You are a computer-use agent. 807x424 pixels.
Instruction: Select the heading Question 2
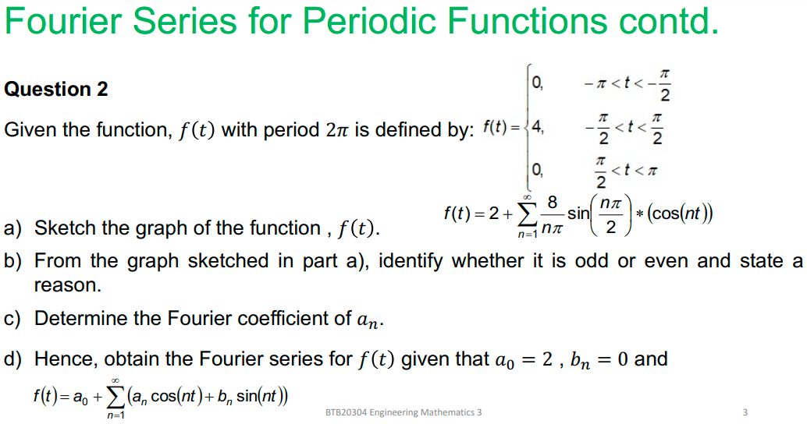[56, 90]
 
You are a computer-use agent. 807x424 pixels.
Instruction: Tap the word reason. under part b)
[68, 285]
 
